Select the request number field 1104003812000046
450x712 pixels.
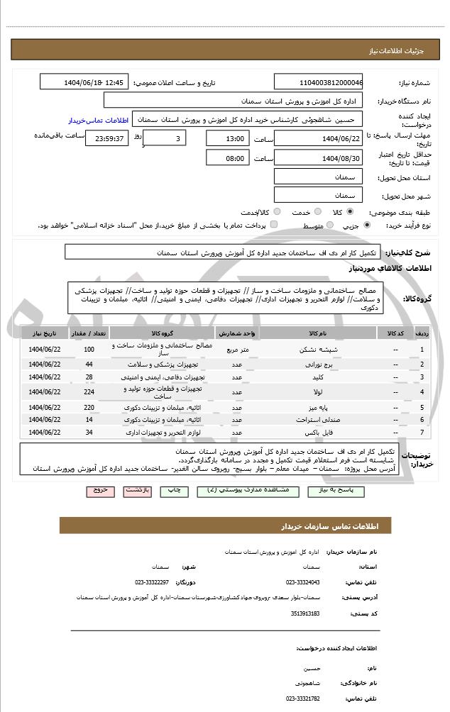click(x=319, y=82)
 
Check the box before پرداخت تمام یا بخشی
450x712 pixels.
click(x=274, y=225)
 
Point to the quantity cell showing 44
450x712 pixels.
click(x=89, y=364)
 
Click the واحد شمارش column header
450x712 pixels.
click(x=237, y=332)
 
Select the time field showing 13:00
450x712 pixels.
click(x=228, y=138)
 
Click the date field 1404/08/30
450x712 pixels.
click(x=319, y=158)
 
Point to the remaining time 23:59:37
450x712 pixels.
click(x=106, y=138)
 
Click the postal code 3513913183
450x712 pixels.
click(x=306, y=613)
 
